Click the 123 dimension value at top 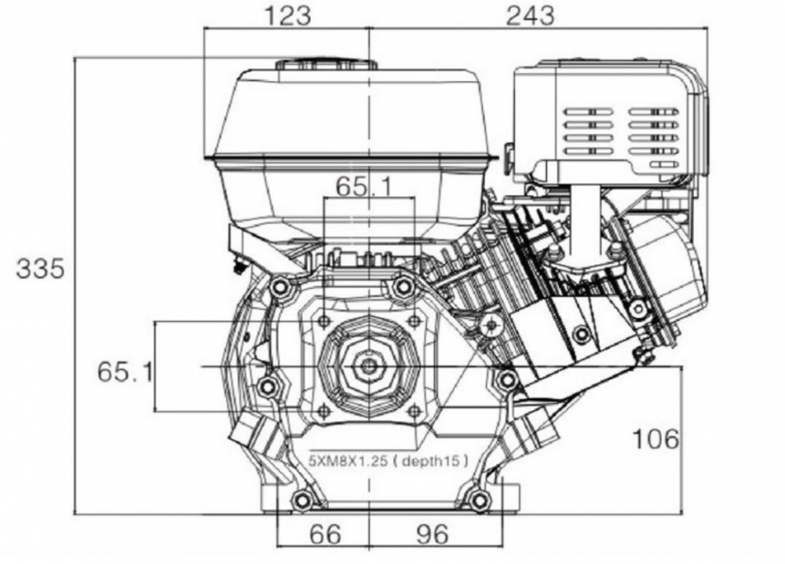[x=287, y=16]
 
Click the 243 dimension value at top [x=531, y=16]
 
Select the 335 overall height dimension [x=40, y=268]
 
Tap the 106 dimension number [x=655, y=439]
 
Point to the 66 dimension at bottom [x=325, y=534]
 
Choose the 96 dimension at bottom [x=433, y=534]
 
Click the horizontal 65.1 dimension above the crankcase [x=364, y=186]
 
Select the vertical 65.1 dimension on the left [x=125, y=372]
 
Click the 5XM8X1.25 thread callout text [x=349, y=460]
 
